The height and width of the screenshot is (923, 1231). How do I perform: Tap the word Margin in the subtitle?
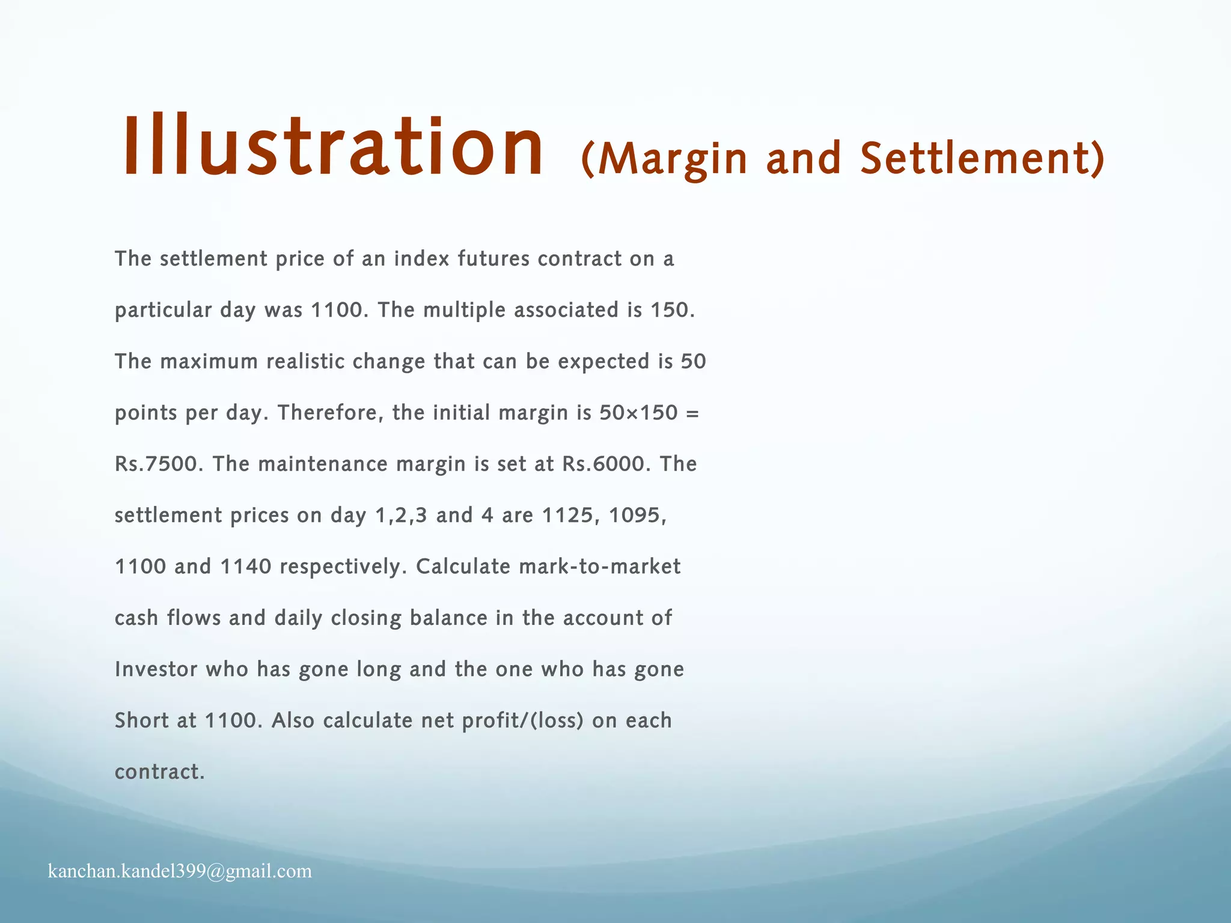click(x=673, y=159)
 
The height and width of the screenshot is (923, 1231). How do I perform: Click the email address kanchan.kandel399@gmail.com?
click(x=180, y=871)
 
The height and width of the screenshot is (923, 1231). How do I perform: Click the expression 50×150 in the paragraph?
click(x=638, y=413)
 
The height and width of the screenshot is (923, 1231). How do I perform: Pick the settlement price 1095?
click(x=638, y=516)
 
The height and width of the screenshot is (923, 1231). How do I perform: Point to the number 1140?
click(x=246, y=567)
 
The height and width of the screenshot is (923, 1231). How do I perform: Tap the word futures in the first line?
click(x=493, y=259)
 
